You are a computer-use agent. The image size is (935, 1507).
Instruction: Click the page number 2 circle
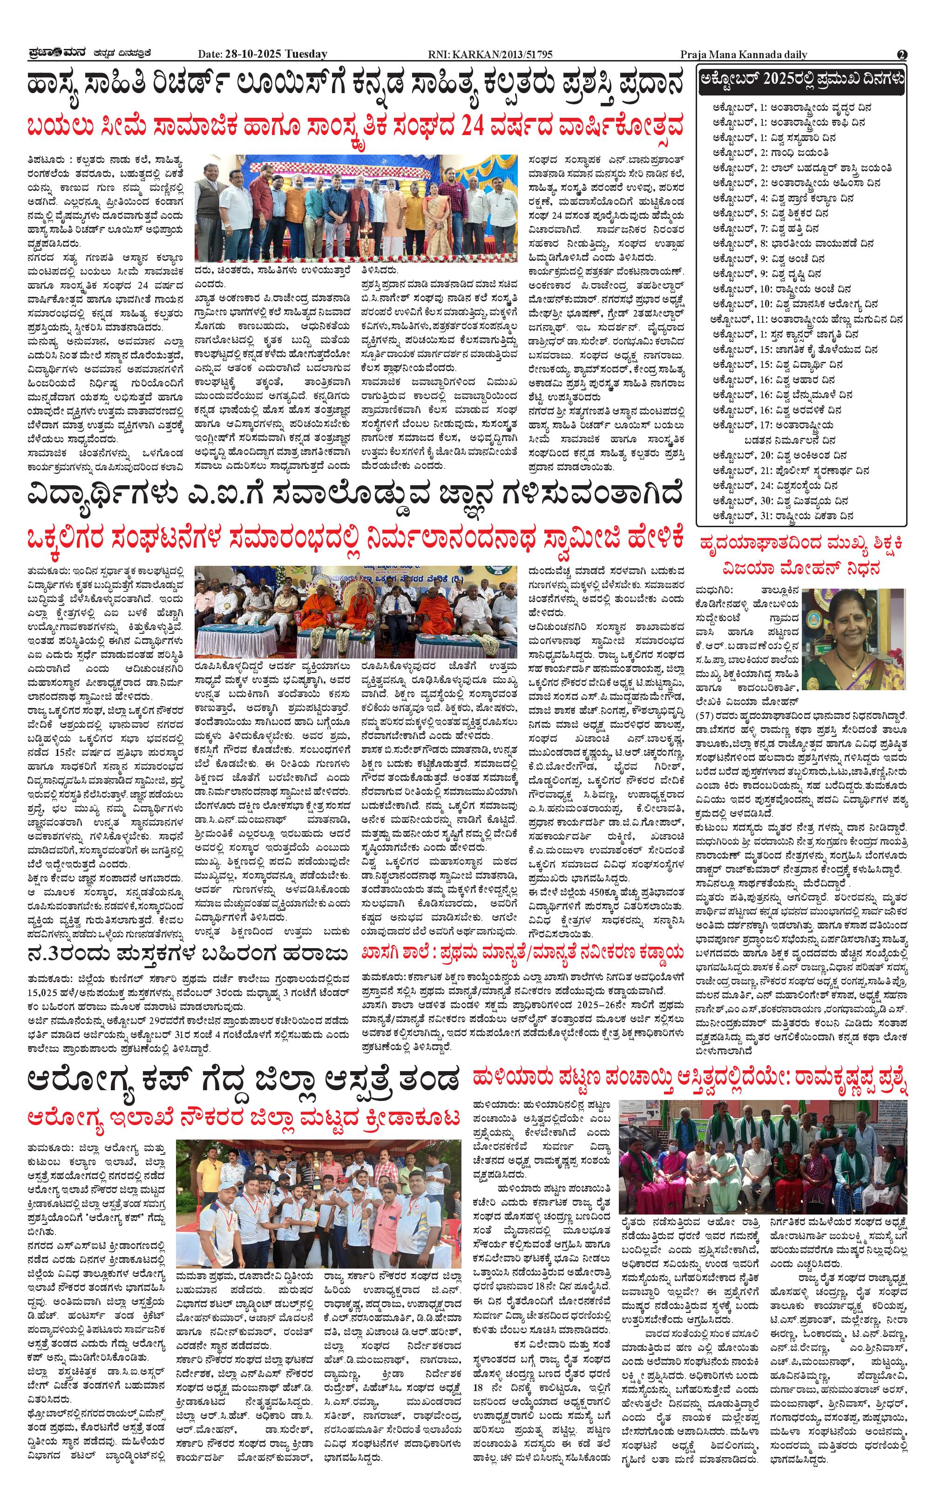coord(901,54)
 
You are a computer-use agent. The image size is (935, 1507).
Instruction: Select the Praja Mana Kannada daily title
coord(743,54)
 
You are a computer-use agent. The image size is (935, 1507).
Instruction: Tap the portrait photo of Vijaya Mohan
coord(854,639)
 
